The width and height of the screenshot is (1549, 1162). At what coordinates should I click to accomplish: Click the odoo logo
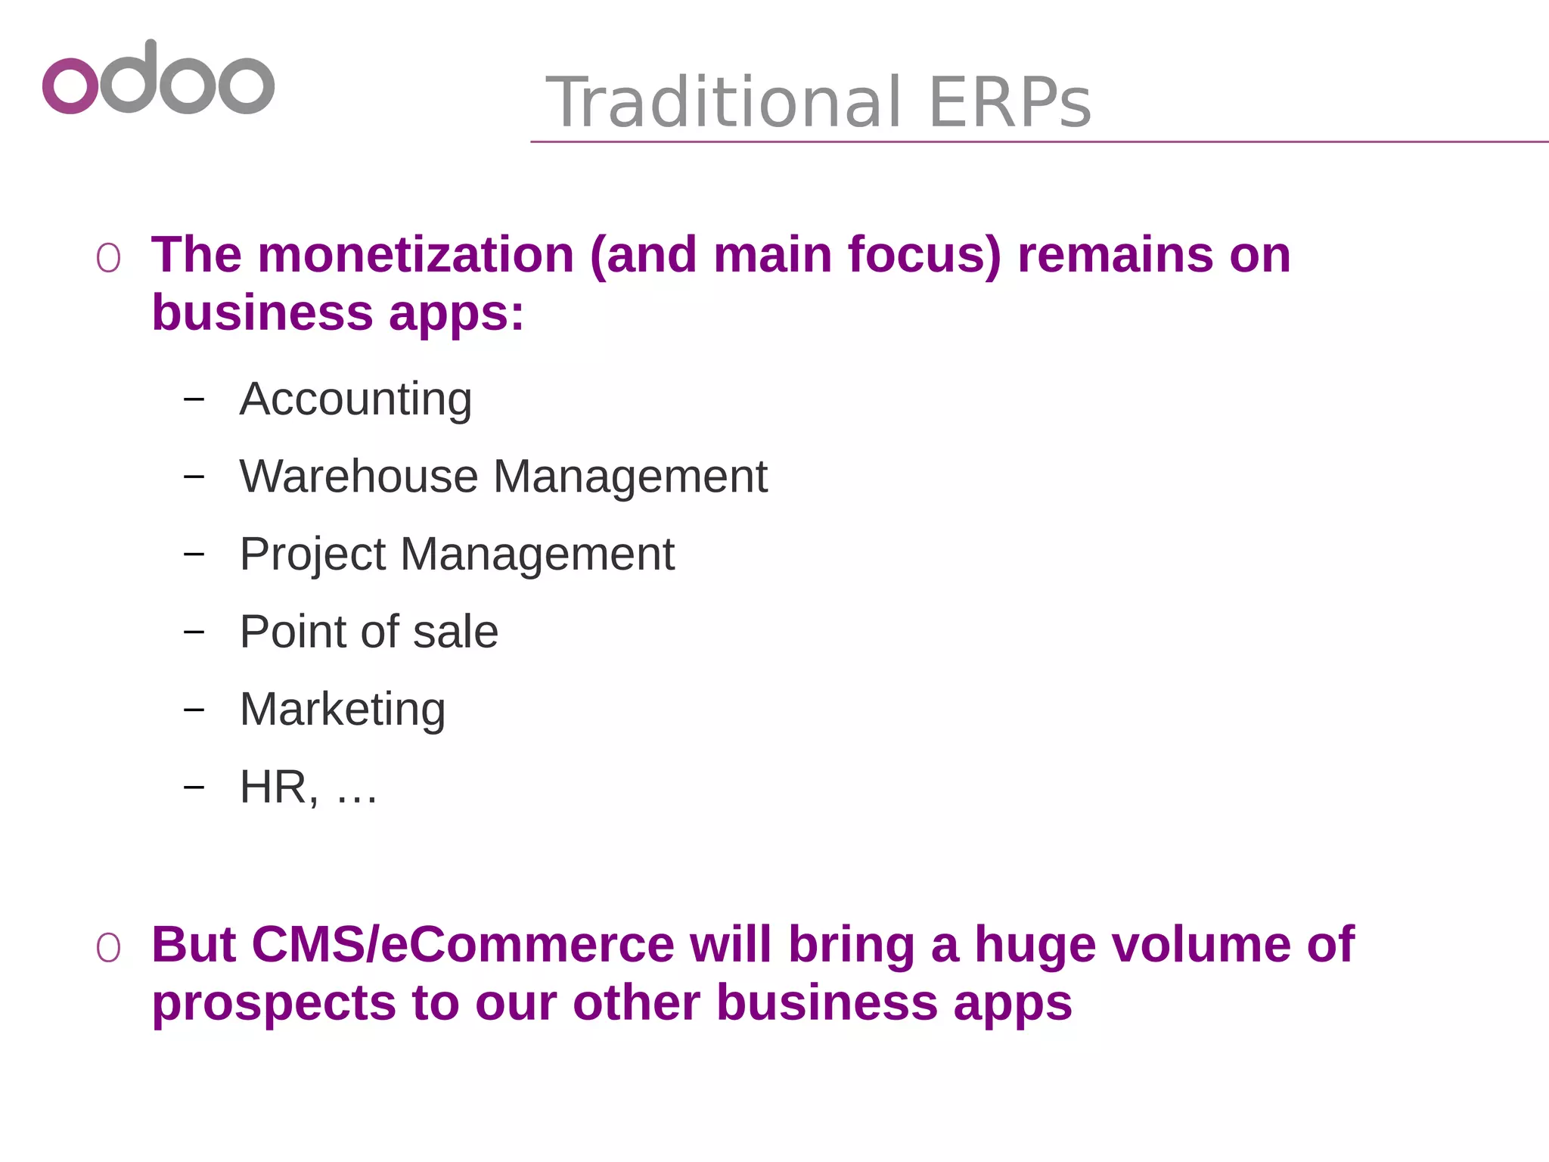point(158,78)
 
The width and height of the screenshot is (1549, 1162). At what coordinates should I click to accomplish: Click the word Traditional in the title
point(724,102)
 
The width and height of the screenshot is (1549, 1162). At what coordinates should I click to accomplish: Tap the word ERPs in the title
point(1010,102)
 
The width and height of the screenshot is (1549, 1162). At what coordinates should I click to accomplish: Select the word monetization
point(416,254)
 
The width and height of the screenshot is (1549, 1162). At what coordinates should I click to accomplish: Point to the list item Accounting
point(355,399)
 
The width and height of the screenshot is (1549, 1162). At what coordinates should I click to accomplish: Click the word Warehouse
point(359,477)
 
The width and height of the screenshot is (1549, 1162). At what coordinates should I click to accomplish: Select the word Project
point(312,555)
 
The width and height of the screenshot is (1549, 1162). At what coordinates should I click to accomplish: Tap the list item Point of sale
point(369,632)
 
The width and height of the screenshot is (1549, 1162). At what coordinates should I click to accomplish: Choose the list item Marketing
point(343,710)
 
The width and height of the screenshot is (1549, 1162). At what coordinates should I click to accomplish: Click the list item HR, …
point(308,788)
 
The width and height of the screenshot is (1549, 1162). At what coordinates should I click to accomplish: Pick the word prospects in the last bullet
point(274,1003)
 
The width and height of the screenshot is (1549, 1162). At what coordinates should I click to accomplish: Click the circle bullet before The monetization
point(108,259)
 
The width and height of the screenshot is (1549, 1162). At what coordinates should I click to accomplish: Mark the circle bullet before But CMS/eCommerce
point(108,949)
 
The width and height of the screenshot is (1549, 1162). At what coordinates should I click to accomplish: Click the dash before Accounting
point(194,399)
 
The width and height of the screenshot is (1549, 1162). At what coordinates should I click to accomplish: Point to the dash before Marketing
point(194,710)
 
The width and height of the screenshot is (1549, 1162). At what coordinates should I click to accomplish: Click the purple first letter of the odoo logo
point(70,85)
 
